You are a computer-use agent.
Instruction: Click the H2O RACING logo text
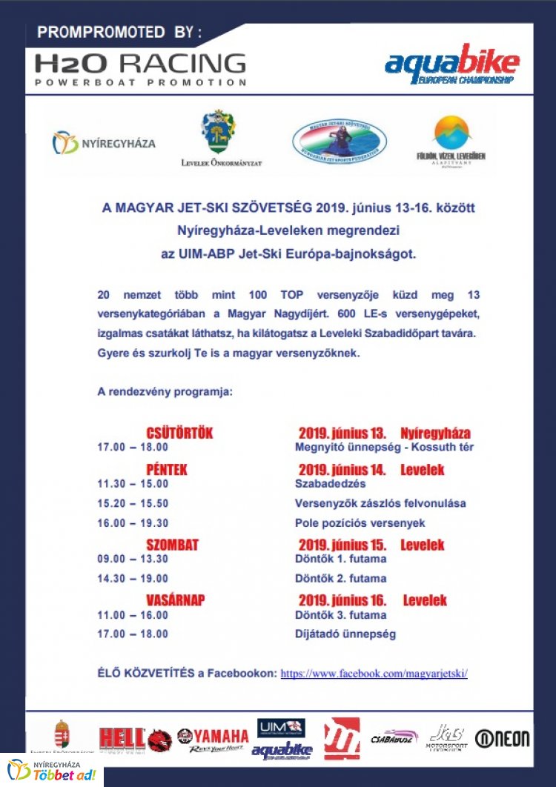click(140, 62)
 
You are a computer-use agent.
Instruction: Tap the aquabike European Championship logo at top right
click(451, 65)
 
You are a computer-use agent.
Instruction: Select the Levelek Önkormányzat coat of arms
click(221, 133)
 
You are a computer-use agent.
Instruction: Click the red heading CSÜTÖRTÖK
click(179, 433)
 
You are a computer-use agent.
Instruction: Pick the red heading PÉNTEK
click(167, 470)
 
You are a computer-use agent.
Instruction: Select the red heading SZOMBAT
click(172, 545)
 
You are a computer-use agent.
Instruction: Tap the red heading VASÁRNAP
click(176, 600)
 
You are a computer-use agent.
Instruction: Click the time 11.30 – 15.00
click(133, 484)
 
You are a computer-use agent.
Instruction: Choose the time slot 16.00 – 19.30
click(133, 522)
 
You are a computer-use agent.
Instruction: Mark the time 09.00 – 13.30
click(133, 559)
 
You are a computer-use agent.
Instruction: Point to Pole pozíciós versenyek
click(360, 522)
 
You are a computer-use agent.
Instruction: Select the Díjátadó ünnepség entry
click(345, 634)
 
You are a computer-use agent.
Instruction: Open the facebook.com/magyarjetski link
click(374, 674)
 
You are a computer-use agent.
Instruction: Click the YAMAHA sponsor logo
click(213, 738)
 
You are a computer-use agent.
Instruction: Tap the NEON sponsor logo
click(503, 738)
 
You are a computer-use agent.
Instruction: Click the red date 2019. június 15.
click(342, 545)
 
